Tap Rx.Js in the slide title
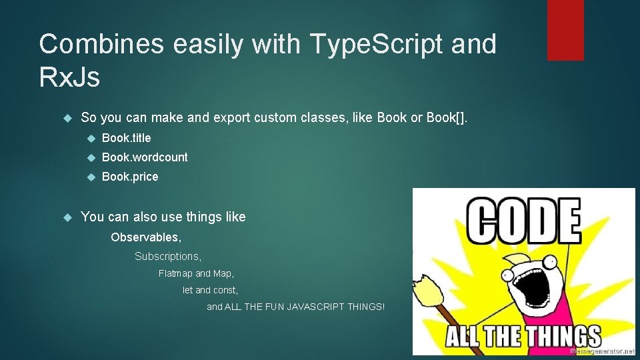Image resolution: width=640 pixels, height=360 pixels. (x=69, y=77)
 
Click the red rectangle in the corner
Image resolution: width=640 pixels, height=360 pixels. (x=565, y=30)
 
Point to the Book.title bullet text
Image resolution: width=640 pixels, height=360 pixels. (x=127, y=138)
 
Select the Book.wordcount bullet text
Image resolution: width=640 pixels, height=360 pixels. (x=145, y=157)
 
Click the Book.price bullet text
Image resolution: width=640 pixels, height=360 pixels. (x=130, y=177)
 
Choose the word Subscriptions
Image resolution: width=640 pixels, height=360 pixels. (x=167, y=256)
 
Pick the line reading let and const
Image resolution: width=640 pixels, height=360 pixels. (x=210, y=290)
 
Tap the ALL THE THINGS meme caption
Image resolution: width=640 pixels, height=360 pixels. (x=523, y=335)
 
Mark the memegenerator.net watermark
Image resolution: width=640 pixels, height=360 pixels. (x=603, y=350)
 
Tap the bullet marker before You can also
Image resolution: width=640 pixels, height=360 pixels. (x=66, y=217)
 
